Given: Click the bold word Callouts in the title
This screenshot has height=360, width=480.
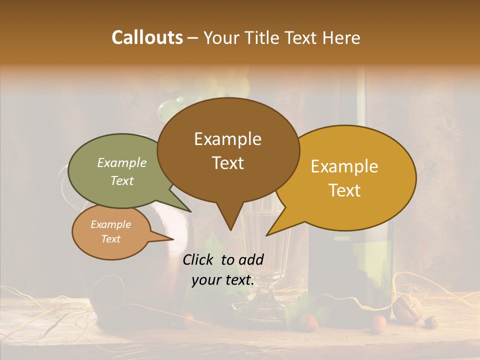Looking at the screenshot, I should [x=147, y=37].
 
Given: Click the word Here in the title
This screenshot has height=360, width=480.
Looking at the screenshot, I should [x=340, y=37].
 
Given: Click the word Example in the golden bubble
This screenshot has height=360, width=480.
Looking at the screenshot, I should [x=344, y=166].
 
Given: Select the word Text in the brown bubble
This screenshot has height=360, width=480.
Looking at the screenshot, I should [x=228, y=163].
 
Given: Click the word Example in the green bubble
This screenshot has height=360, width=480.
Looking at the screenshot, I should [x=122, y=162].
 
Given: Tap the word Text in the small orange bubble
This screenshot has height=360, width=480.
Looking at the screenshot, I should [x=111, y=239].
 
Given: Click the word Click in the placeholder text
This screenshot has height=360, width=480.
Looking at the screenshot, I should [x=198, y=259].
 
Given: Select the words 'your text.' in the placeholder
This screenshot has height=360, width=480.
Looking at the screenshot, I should [x=223, y=280].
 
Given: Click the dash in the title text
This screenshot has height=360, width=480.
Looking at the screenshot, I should [x=193, y=37].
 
